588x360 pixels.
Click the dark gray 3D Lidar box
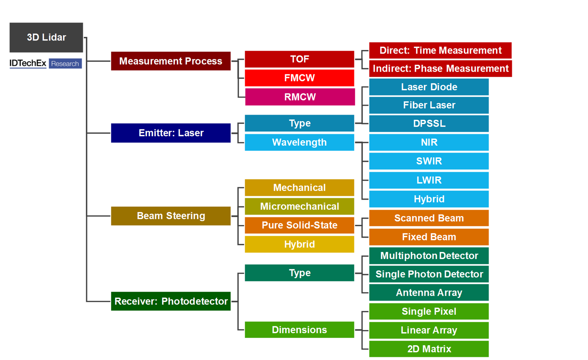46,37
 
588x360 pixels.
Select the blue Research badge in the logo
65,64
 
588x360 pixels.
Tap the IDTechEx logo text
28,63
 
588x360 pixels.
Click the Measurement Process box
171,61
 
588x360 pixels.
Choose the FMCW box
299,78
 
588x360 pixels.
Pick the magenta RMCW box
300,97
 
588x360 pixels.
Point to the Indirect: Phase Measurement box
441,69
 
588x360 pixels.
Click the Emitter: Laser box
171,133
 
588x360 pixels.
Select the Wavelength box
299,142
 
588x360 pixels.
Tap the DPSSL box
429,123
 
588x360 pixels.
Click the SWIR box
429,161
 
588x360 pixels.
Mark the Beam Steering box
171,216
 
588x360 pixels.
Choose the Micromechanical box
299,206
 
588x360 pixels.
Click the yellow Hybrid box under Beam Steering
299,244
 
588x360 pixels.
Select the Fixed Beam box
429,237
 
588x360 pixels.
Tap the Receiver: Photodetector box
171,301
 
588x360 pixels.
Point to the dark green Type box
299,273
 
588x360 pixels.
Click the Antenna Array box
429,292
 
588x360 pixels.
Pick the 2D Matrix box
429,349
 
